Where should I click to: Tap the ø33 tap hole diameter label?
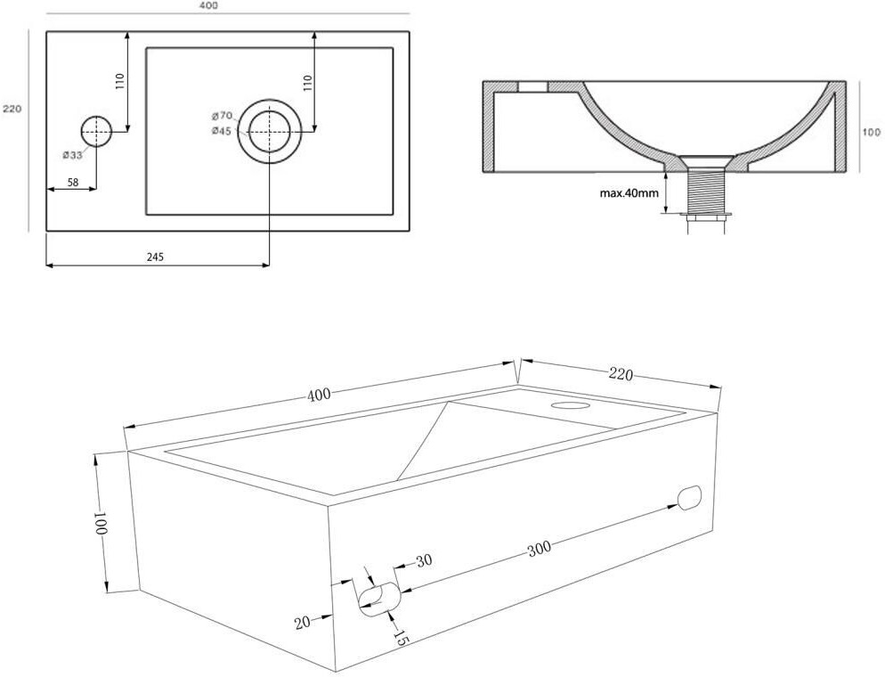click(x=73, y=155)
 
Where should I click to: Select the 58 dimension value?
click(x=72, y=182)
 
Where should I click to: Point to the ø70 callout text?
click(x=222, y=116)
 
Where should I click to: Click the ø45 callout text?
click(x=222, y=131)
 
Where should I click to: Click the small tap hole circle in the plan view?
click(x=96, y=132)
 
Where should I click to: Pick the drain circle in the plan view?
click(x=268, y=132)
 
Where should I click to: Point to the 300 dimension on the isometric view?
click(x=538, y=549)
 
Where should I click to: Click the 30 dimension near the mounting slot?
click(x=424, y=560)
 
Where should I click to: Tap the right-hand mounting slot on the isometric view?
click(x=689, y=498)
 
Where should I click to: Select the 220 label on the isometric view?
click(x=621, y=374)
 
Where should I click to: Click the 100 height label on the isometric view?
click(x=101, y=523)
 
